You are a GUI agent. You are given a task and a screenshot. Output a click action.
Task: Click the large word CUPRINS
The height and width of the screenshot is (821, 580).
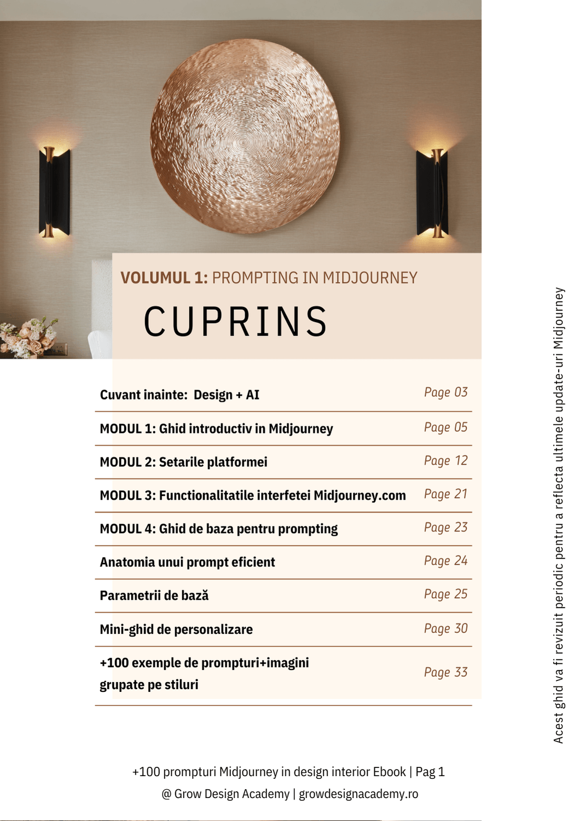[235, 321]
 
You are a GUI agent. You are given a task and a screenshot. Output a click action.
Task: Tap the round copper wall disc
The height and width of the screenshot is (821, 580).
[245, 144]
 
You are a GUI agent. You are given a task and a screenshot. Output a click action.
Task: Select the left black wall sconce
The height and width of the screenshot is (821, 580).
[54, 192]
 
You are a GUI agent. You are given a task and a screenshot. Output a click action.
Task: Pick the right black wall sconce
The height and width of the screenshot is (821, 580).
[432, 193]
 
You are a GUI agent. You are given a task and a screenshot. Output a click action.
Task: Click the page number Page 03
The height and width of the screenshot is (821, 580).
[445, 392]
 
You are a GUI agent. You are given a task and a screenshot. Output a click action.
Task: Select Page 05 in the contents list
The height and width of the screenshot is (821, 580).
[445, 427]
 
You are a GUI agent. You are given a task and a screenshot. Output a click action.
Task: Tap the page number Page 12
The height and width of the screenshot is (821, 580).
[445, 461]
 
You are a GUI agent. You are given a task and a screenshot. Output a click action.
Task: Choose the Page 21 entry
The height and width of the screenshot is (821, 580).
[445, 494]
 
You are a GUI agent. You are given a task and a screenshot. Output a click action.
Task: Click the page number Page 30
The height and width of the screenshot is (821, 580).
[445, 628]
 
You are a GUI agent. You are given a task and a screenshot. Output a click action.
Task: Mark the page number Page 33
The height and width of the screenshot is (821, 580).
[445, 672]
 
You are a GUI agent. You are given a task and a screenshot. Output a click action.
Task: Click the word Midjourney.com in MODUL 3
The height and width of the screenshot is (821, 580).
[359, 496]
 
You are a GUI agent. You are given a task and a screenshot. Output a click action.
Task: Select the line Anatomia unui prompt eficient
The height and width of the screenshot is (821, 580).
[187, 562]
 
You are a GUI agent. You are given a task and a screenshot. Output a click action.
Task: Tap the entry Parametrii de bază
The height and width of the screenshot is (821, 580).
[154, 595]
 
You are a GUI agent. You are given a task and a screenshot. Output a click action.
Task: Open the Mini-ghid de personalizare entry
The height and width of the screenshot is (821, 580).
[176, 629]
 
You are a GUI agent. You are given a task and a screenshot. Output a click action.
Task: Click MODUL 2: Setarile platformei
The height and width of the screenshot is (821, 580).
[183, 462]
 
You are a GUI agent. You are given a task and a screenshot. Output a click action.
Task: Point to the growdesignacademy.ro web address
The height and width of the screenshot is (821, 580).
[358, 794]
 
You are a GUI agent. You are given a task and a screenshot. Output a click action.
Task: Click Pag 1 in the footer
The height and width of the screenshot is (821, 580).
[430, 772]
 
